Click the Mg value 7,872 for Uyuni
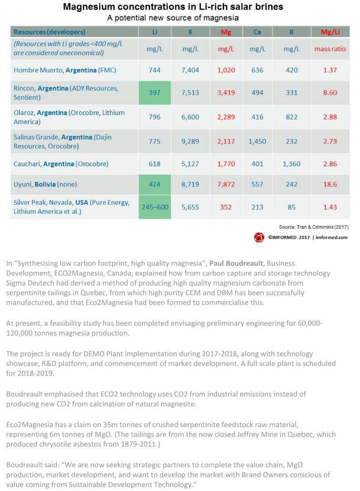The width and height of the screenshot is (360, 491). pos(226,184)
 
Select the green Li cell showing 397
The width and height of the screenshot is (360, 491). pos(155,93)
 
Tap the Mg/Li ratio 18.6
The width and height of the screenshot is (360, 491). pos(330,184)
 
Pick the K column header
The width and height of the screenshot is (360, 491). pos(190,32)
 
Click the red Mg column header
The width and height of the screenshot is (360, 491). pos(226,32)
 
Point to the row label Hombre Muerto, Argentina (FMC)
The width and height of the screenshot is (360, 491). pos(65,70)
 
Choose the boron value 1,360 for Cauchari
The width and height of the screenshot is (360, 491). pos(292,164)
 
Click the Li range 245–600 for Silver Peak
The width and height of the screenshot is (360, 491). pos(155,207)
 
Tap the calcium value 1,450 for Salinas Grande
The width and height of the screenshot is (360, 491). pos(257,141)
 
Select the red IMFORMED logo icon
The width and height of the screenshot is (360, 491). pos(259,238)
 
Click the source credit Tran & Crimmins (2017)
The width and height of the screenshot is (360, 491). pos(314,227)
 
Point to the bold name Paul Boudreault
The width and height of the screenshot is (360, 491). pos(236,263)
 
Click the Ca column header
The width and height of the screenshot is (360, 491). pos(257,32)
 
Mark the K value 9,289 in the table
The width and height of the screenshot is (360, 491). pos(190,141)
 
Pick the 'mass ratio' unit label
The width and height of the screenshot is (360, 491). pos(330,49)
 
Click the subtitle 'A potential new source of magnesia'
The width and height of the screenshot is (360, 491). pos(173,18)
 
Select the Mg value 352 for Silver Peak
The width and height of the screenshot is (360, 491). pos(226,207)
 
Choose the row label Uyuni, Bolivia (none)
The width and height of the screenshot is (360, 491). pos(45,184)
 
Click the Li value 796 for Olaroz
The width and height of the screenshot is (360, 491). pos(155,117)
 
